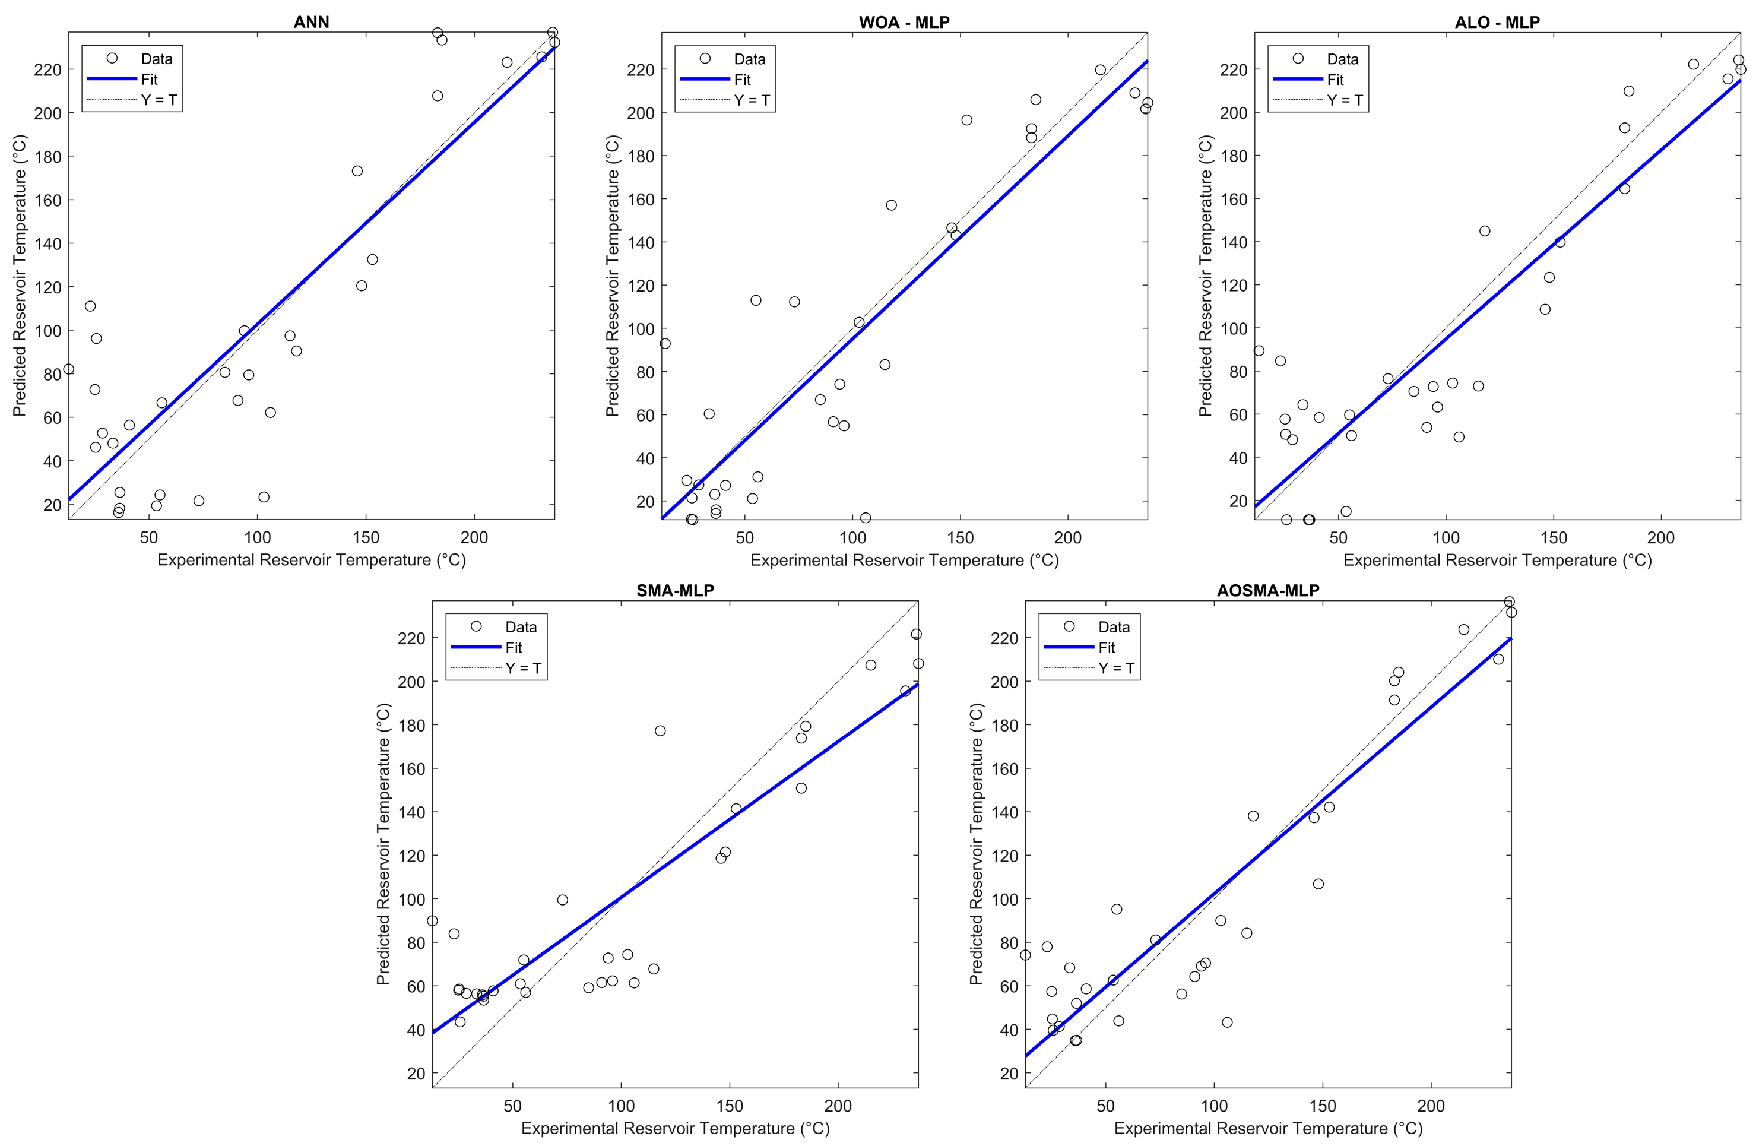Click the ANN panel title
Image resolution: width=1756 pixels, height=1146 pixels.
click(x=311, y=22)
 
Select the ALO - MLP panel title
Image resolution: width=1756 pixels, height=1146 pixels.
click(x=1497, y=22)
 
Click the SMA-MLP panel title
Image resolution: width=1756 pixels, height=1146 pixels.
click(x=675, y=590)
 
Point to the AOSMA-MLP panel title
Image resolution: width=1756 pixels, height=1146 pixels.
click(x=1267, y=590)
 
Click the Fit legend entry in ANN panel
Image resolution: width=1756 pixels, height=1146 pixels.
click(x=149, y=79)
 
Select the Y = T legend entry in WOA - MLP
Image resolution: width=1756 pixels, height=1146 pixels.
click(x=751, y=100)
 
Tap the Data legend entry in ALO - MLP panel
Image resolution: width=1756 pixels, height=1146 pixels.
click(x=1342, y=59)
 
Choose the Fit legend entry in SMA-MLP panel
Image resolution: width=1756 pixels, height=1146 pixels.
click(x=514, y=647)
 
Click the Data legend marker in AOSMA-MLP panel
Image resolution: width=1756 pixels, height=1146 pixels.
click(x=1069, y=626)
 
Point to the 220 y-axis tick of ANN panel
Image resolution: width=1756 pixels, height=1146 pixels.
click(x=48, y=69)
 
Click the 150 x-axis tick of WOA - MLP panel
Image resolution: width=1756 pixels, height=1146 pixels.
click(x=960, y=537)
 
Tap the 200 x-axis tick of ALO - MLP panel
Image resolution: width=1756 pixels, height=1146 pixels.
click(x=1661, y=537)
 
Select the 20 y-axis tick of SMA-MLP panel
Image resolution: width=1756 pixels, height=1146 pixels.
click(x=416, y=1074)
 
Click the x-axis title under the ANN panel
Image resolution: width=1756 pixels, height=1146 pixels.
click(x=311, y=560)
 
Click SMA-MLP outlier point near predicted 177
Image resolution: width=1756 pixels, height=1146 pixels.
click(x=660, y=730)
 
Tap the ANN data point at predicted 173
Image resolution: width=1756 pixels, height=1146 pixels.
click(x=357, y=171)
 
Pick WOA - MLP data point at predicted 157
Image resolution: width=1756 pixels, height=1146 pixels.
click(x=891, y=205)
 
